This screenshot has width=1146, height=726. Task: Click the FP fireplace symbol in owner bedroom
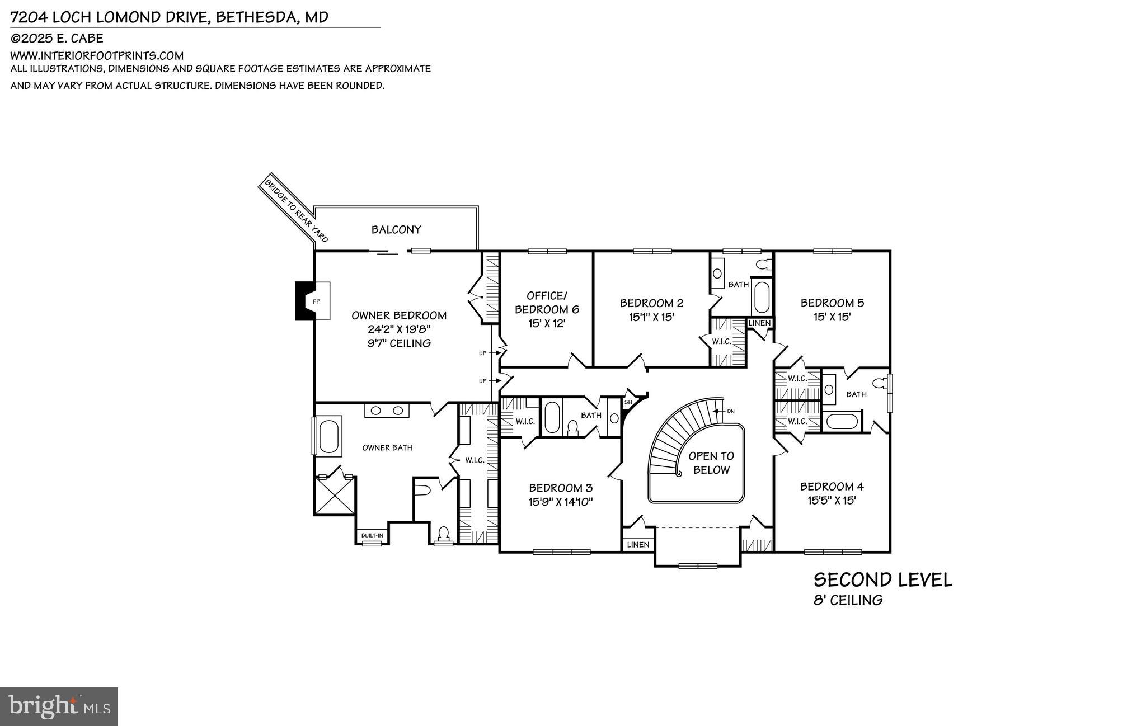pyautogui.click(x=316, y=301)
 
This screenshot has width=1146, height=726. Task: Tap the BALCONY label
pyautogui.click(x=396, y=229)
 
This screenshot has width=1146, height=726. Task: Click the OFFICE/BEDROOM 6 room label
pyautogui.click(x=547, y=302)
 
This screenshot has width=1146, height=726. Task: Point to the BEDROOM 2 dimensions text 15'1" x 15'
pyautogui.click(x=651, y=317)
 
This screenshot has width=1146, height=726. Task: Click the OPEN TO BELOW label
pyautogui.click(x=711, y=463)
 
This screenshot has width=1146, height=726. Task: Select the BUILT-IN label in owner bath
pyautogui.click(x=372, y=536)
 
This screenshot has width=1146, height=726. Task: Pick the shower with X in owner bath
pyautogui.click(x=335, y=496)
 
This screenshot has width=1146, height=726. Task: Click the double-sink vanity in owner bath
pyautogui.click(x=387, y=411)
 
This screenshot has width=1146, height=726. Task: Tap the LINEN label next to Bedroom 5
pyautogui.click(x=759, y=323)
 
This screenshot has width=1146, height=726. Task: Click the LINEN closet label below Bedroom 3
pyautogui.click(x=638, y=545)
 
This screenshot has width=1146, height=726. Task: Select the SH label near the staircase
pyautogui.click(x=628, y=402)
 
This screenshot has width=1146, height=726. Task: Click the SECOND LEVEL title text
pyautogui.click(x=882, y=580)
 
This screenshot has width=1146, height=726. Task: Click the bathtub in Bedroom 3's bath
pyautogui.click(x=552, y=417)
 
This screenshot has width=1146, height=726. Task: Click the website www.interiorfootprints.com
pyautogui.click(x=97, y=55)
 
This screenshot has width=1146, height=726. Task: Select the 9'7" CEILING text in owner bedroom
pyautogui.click(x=399, y=343)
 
